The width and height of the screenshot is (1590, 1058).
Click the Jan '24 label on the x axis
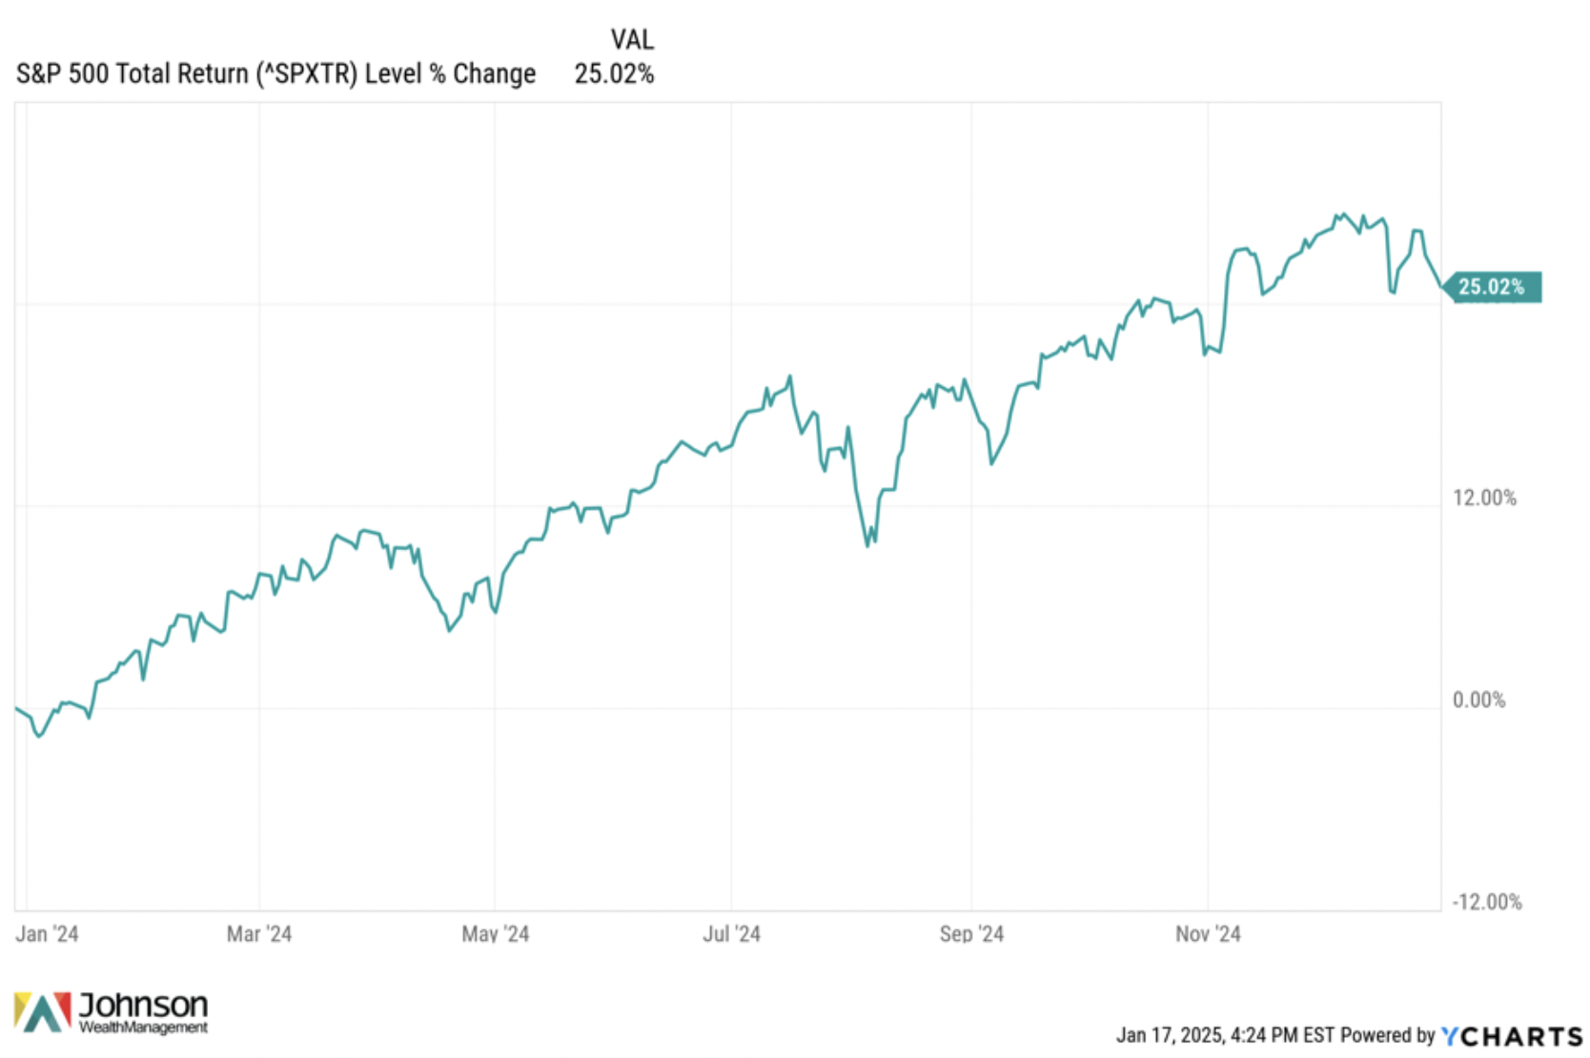click(x=47, y=934)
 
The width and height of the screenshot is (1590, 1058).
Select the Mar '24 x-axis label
click(x=259, y=934)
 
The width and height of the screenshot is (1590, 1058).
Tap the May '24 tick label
click(x=495, y=934)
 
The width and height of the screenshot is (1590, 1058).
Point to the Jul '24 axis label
click(x=731, y=934)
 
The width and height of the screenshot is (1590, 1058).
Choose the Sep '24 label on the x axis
click(x=971, y=934)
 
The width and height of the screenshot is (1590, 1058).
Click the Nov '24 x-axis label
click(x=1208, y=934)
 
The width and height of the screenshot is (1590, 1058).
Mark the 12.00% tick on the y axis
click(x=1484, y=498)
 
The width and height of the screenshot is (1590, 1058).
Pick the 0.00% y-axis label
click(x=1478, y=701)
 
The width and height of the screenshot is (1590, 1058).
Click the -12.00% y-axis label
click(x=1486, y=902)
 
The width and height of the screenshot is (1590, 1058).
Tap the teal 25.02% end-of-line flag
click(x=1492, y=287)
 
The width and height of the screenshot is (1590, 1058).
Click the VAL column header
click(x=632, y=40)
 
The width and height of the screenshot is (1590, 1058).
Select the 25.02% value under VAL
click(x=614, y=74)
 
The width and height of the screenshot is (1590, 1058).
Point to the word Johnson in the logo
click(x=143, y=1005)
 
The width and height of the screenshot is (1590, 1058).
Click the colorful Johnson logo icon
click(x=43, y=1012)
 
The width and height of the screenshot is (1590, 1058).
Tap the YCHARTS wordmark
click(x=1512, y=1036)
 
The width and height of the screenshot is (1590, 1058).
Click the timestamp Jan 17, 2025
click(x=1170, y=1035)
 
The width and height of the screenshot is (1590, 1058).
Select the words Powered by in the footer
click(x=1388, y=1035)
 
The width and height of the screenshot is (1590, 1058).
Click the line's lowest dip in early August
click(x=867, y=545)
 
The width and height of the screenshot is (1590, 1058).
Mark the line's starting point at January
click(x=16, y=708)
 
